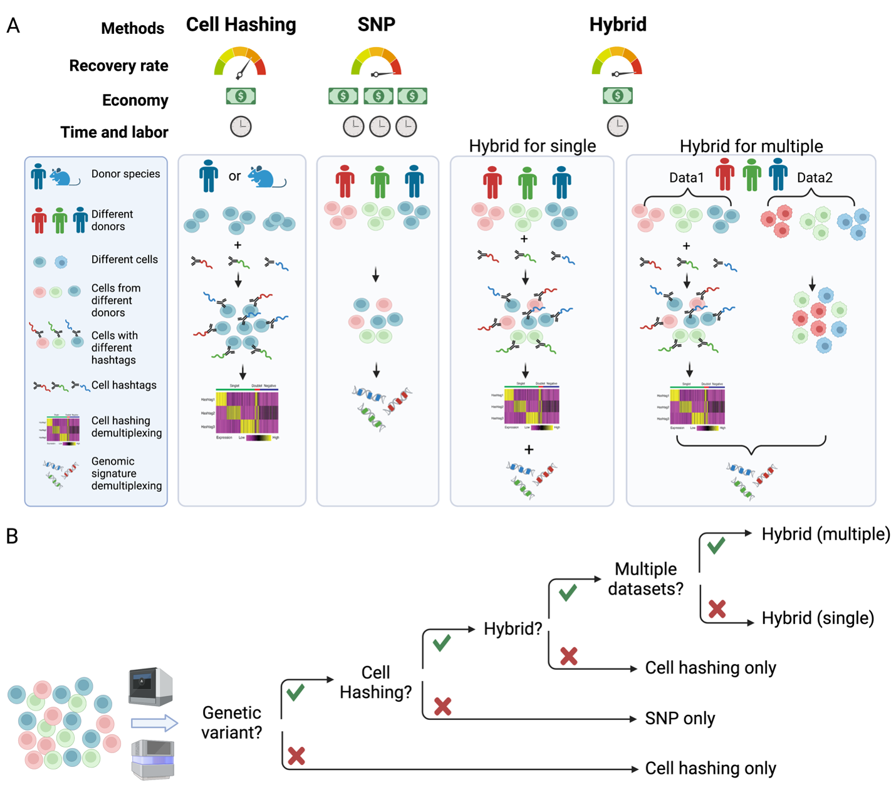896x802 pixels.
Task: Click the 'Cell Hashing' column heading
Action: pos(241,25)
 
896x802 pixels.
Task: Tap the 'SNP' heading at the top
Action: pos(376,25)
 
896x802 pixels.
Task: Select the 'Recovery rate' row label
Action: pos(118,66)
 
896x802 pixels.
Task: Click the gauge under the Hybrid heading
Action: pos(617,62)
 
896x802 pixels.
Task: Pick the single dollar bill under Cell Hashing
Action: pos(241,96)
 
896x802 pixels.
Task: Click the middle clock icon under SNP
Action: pos(380,127)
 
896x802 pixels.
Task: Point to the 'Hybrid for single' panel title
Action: pos(532,146)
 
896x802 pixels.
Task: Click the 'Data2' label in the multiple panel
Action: pos(815,178)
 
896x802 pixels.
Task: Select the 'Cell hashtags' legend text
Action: pos(124,385)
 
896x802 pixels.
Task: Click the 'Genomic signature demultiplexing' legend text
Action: pos(126,473)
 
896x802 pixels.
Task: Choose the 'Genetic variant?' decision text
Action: pos(231,722)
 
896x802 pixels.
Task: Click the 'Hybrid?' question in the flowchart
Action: pos(513,628)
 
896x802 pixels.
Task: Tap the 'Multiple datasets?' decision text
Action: pos(645,579)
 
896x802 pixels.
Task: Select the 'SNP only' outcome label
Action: pos(680,719)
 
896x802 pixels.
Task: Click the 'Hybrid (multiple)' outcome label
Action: pos(825,534)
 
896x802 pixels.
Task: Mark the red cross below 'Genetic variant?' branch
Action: pos(296,756)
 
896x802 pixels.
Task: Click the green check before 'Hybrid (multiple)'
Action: pos(716,544)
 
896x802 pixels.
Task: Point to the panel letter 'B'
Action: pos(12,537)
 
